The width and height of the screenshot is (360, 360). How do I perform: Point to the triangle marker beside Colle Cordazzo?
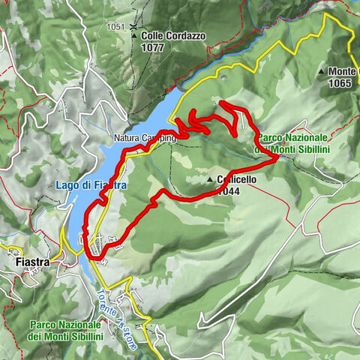coord(134,35)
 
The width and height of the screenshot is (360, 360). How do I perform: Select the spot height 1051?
coord(115,27)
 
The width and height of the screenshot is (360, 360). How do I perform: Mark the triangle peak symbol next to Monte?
coord(321,72)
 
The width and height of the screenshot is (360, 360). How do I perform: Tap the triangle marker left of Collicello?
coord(211,181)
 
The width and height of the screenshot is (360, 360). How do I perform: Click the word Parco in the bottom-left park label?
coord(44,325)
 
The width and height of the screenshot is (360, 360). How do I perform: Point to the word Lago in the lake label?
coord(67,184)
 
